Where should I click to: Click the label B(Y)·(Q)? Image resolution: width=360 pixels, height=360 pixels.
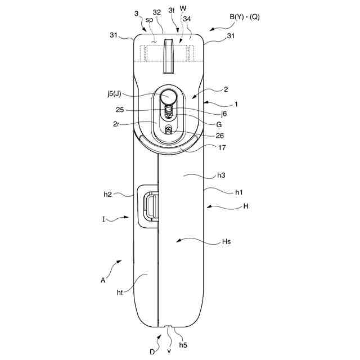pyautogui.click(x=244, y=17)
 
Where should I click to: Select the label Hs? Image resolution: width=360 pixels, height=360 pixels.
pyautogui.click(x=227, y=242)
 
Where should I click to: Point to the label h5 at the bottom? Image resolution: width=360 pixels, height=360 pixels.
pyautogui.click(x=183, y=344)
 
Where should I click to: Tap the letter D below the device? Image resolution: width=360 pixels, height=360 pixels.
pyautogui.click(x=152, y=352)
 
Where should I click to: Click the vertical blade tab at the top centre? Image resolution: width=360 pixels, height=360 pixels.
pyautogui.click(x=168, y=56)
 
